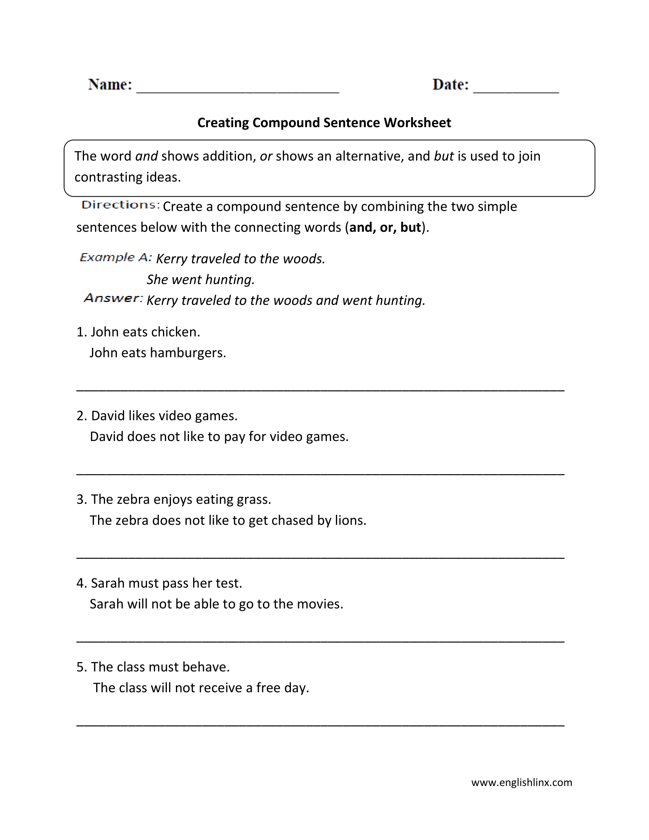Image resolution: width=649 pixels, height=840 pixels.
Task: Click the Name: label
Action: [110, 85]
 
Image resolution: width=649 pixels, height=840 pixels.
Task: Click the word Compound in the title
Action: [286, 123]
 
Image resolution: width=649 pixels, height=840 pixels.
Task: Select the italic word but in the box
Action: [444, 156]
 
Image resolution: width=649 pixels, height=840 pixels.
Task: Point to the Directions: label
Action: [120, 205]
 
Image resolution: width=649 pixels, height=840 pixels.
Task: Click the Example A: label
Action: [116, 257]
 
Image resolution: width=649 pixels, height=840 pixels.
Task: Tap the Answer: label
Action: [113, 298]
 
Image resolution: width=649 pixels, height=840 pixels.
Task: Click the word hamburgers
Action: [187, 353]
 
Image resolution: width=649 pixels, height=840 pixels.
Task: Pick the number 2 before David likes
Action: [80, 416]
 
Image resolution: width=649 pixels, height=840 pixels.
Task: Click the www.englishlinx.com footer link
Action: [521, 783]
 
